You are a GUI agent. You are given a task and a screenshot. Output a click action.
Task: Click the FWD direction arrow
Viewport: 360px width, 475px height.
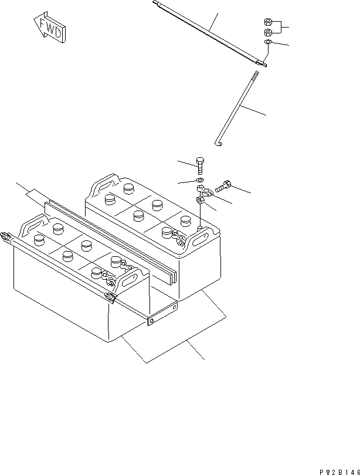coord(49,29)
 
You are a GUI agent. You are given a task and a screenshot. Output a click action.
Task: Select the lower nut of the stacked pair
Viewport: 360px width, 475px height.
coord(267,32)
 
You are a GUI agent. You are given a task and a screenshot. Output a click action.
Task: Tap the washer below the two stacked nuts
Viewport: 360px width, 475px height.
coord(267,43)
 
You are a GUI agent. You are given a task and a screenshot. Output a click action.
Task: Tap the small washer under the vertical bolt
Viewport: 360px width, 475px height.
coord(199,180)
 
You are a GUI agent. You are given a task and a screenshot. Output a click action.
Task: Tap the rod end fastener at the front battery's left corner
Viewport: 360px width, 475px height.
coord(6,237)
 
